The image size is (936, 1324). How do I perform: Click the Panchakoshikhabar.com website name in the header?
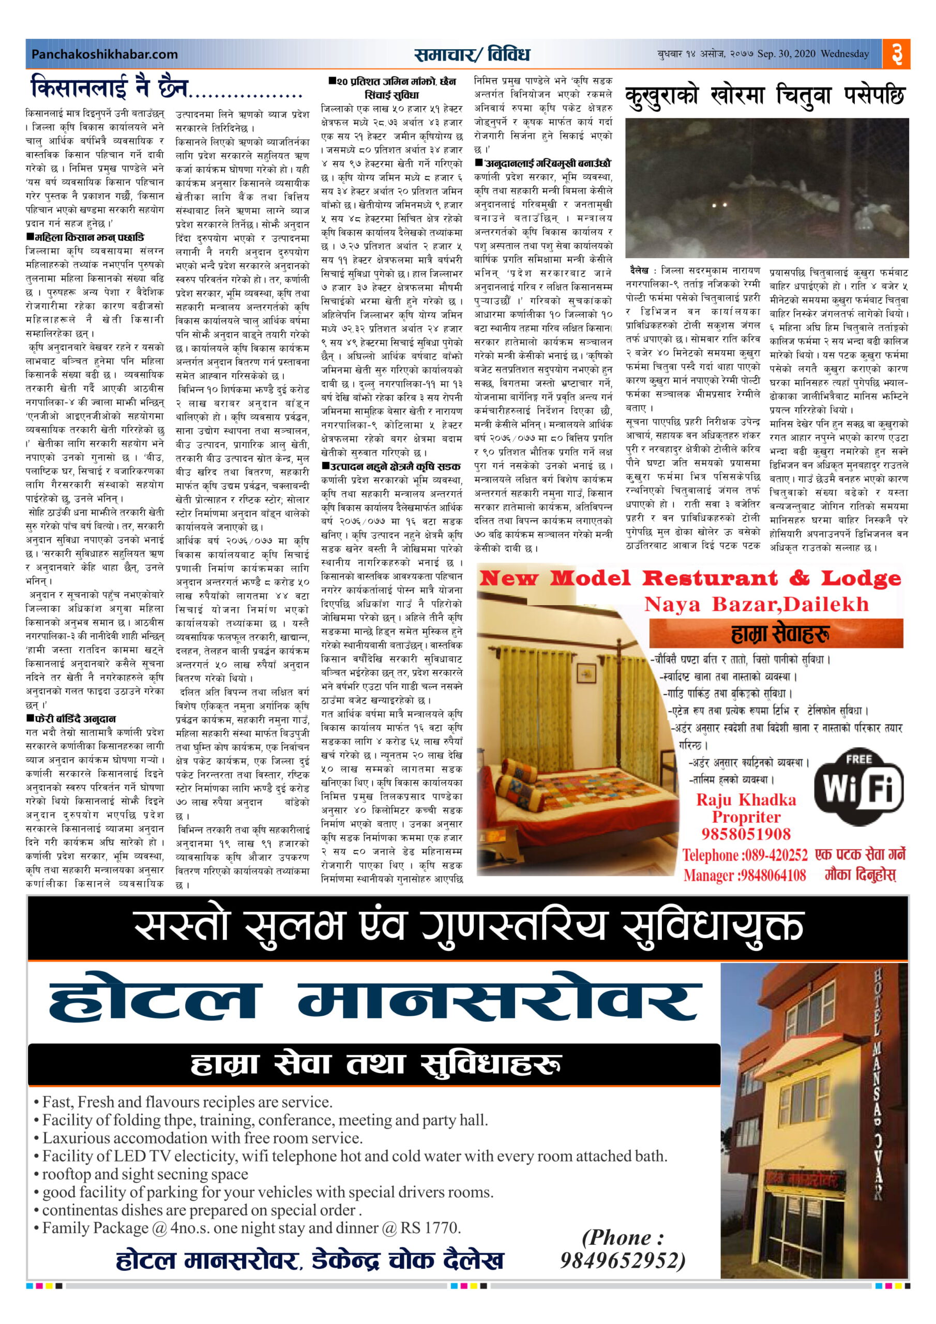point(104,54)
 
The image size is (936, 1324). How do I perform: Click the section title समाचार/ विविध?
point(471,54)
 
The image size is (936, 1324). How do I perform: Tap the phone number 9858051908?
point(746,834)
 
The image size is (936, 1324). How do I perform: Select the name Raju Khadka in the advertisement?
point(746,800)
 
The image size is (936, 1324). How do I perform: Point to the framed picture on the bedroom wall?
point(586,672)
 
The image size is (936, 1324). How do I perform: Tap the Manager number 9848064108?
point(772,876)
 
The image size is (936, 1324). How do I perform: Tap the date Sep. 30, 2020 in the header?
point(786,54)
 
